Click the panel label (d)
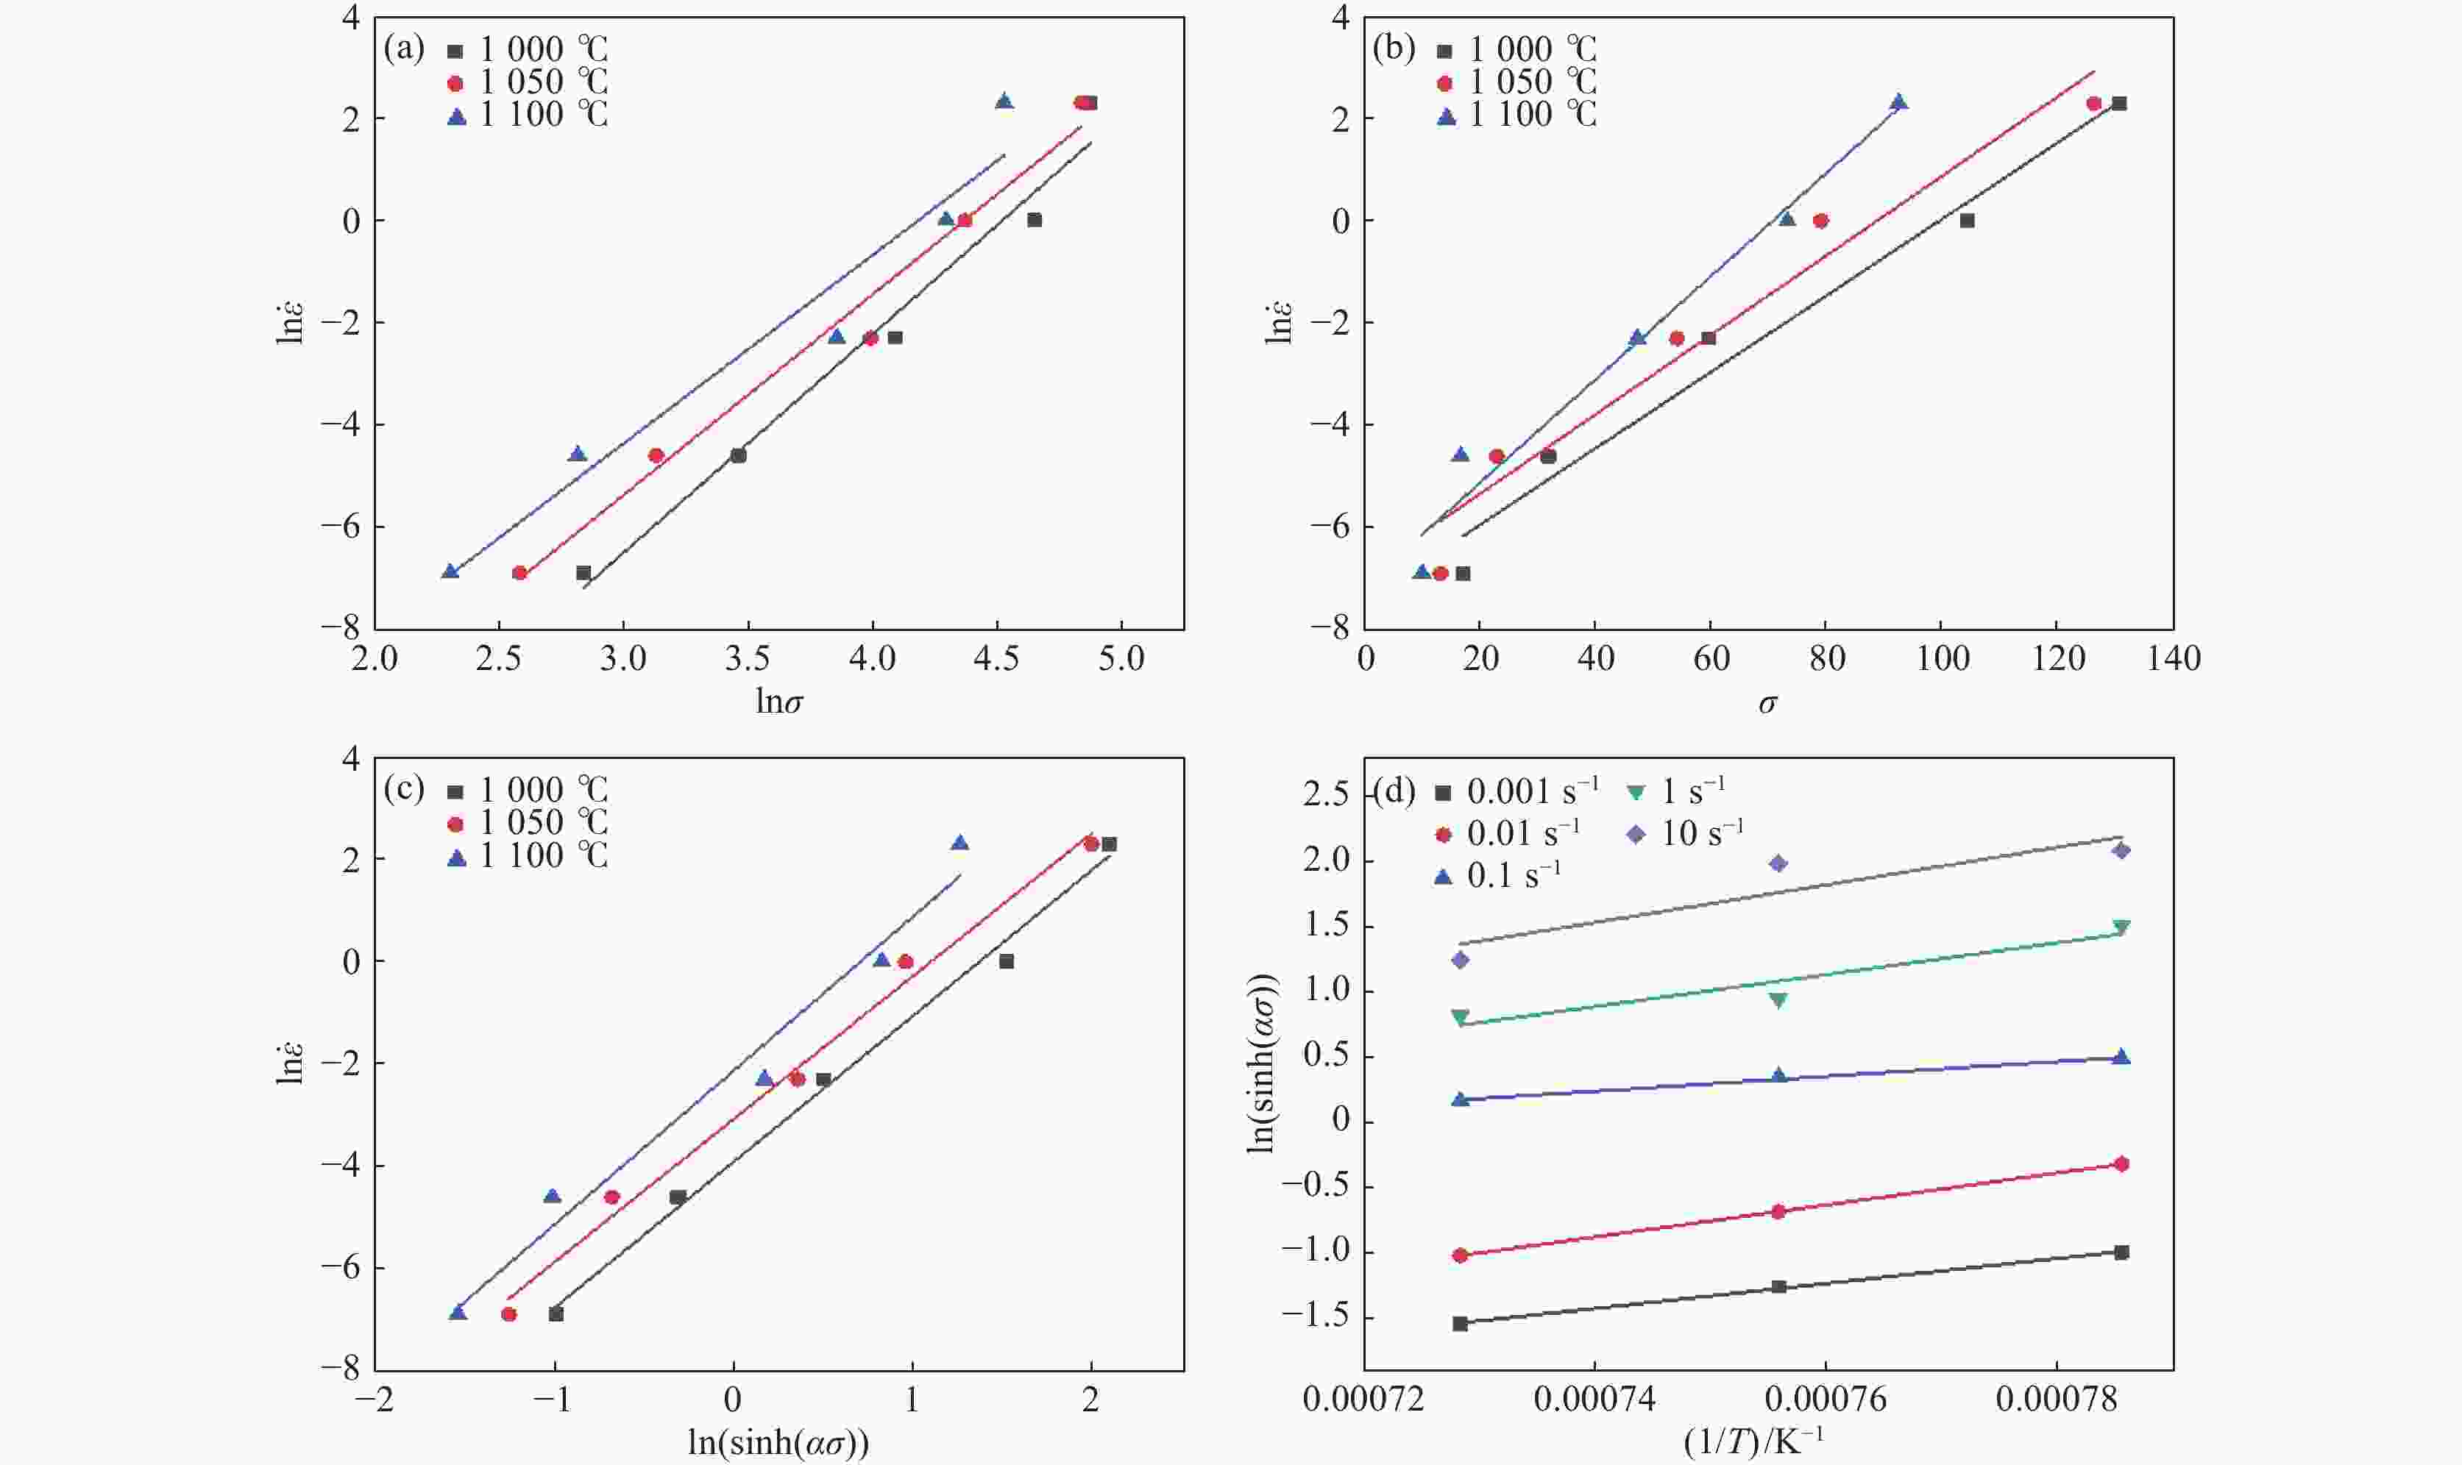coord(1394,791)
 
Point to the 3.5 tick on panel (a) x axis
coord(748,658)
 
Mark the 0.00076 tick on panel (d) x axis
coord(1825,1399)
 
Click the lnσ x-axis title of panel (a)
coord(779,702)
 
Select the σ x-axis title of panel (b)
coord(1767,703)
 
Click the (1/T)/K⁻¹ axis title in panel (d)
coord(1753,1443)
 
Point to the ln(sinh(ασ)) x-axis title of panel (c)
coord(778,1443)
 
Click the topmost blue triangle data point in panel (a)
coord(1004,101)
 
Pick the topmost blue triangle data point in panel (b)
coord(1898,101)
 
